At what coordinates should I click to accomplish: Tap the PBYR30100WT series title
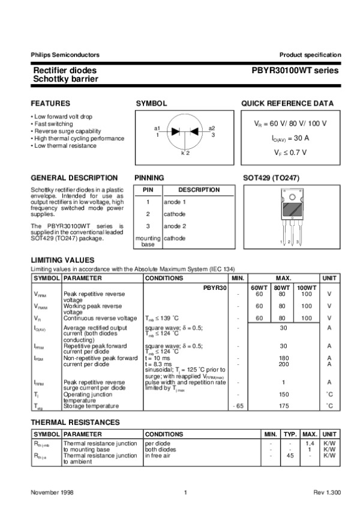point(295,70)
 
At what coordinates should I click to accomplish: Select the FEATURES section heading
point(50,103)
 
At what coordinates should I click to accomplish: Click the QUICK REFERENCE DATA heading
point(287,103)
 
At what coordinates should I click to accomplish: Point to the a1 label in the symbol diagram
point(157,128)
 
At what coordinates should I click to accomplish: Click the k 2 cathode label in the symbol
point(185,154)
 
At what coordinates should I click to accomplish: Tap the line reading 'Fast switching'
point(53,124)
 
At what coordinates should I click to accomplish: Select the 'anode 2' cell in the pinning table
point(175,226)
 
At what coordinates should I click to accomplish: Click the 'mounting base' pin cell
point(148,241)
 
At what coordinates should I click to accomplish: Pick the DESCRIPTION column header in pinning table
point(199,190)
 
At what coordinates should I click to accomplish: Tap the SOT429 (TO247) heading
point(271,178)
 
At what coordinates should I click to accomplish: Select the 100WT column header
point(307,288)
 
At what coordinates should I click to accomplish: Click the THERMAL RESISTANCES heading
point(75,423)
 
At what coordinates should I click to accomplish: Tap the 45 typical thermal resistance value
point(290,455)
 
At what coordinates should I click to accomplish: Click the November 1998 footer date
point(52,492)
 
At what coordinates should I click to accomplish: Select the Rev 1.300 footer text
point(326,492)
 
